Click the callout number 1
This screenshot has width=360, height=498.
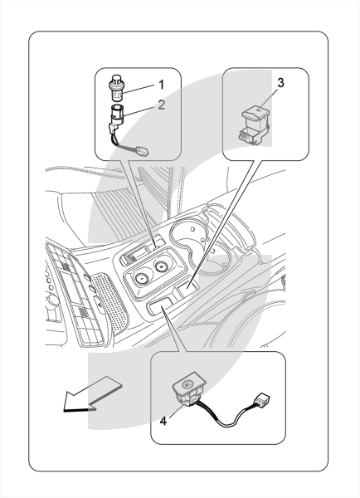161,85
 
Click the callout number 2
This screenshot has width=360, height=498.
162,105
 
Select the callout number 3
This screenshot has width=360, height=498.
280,82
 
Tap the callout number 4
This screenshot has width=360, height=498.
163,421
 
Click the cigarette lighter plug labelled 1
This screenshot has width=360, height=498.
116,86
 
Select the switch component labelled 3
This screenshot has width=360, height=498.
255,124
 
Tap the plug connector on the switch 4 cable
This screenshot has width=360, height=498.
261,398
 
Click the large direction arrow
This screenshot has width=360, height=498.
92,394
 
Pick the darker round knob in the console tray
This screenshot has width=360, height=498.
162,266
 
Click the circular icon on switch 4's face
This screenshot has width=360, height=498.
187,384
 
